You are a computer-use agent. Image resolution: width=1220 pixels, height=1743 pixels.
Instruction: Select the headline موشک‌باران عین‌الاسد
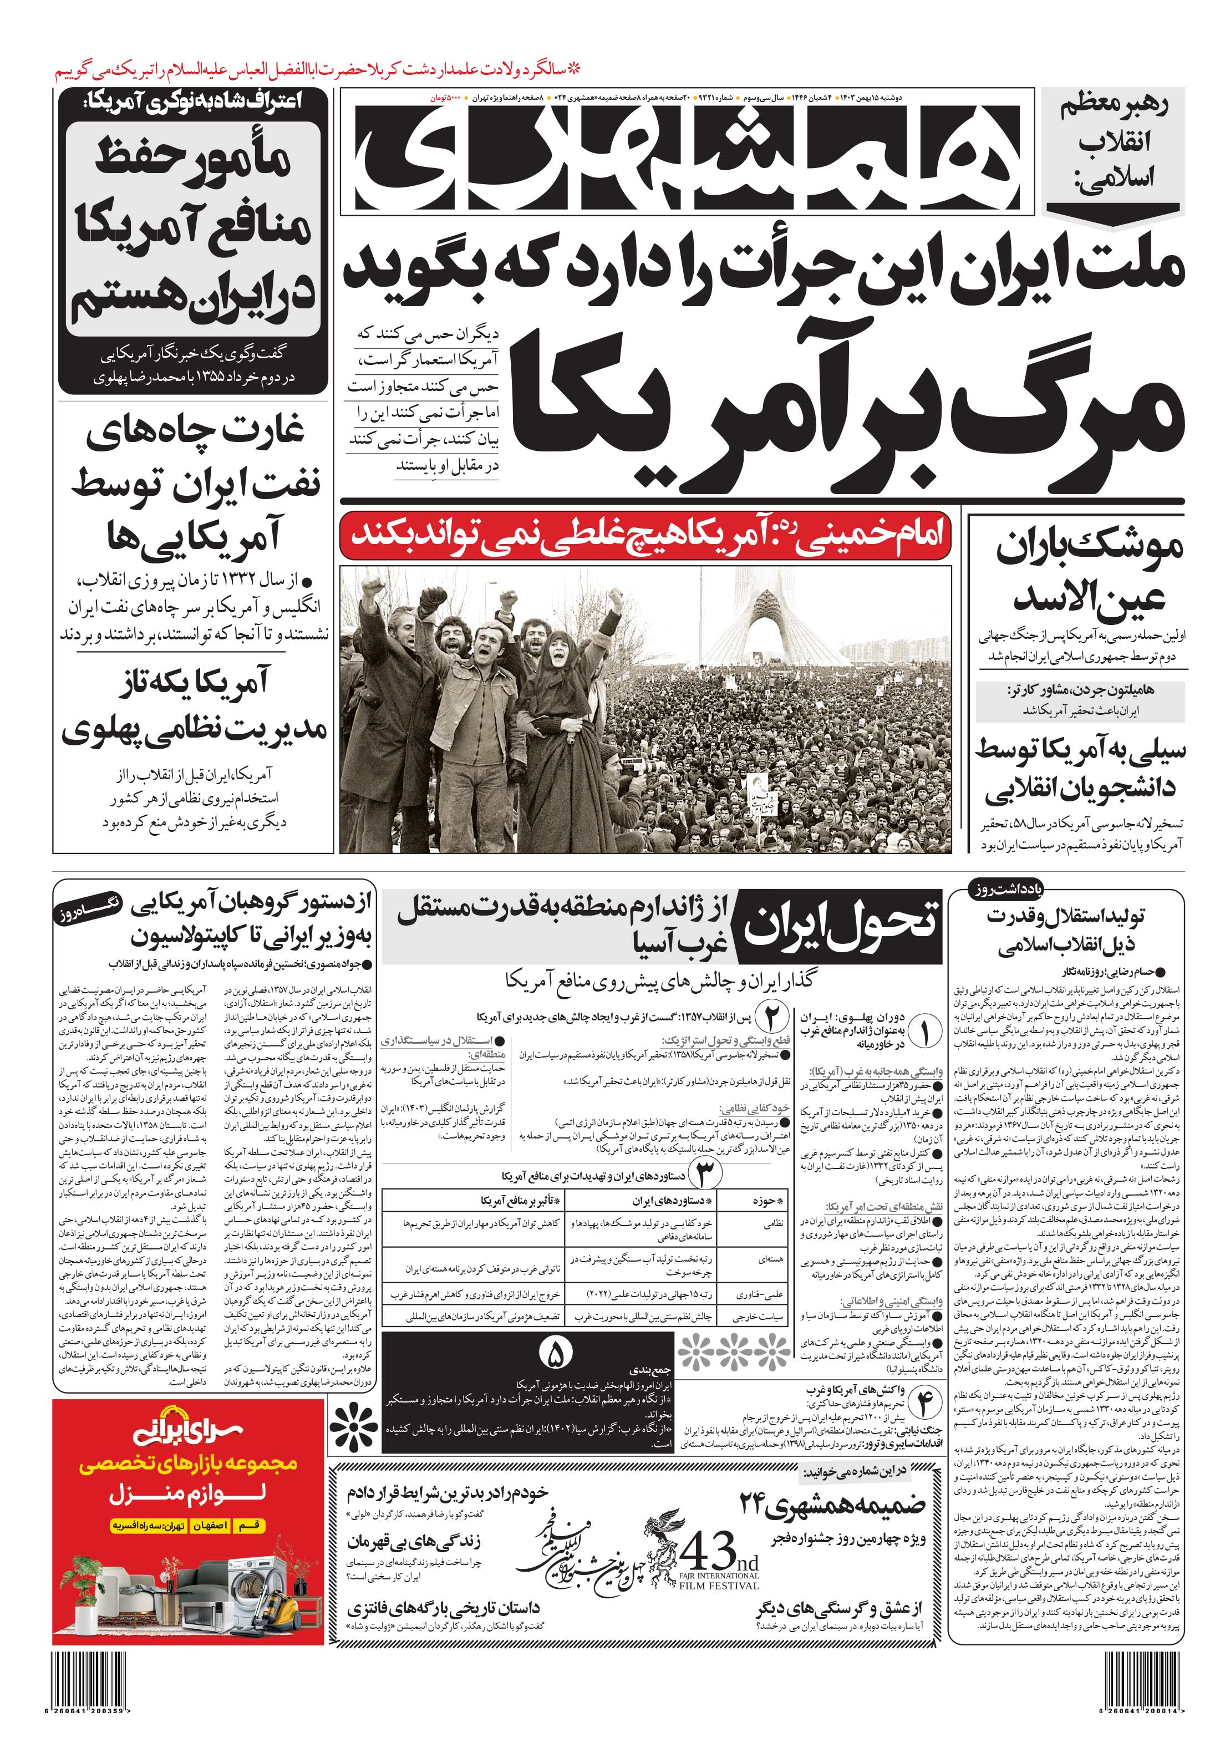click(1080, 573)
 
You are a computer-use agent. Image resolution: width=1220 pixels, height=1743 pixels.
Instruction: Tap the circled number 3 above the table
click(701, 1175)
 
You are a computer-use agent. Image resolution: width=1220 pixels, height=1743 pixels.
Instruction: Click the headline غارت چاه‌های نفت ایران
click(194, 484)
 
